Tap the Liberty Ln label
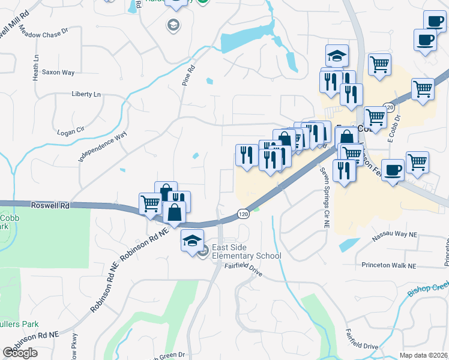(x=86, y=94)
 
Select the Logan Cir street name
(x=68, y=132)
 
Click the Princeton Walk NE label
(x=388, y=265)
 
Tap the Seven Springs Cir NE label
(x=325, y=198)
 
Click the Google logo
(x=20, y=353)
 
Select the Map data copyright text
(x=423, y=355)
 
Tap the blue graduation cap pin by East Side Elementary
(x=192, y=241)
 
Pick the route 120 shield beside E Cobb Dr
(x=388, y=107)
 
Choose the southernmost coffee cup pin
(x=393, y=170)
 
